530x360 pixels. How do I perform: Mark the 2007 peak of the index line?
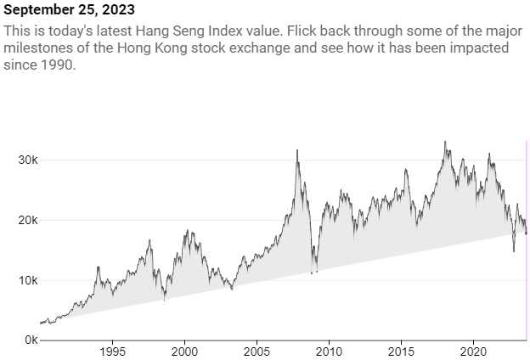(x=296, y=150)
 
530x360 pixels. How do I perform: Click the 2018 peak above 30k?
(x=445, y=142)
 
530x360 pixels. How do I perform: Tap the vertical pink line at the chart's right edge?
(x=527, y=238)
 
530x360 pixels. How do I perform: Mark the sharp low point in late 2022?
(x=513, y=250)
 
